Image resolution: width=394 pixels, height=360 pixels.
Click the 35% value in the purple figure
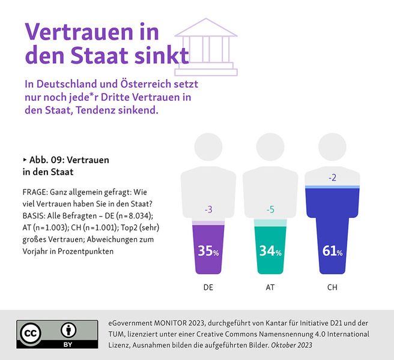tap(208, 251)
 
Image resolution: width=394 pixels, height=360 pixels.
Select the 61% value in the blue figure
tap(332, 251)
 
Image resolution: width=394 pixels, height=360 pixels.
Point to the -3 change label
tap(208, 209)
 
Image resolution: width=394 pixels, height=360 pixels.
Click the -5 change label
tap(270, 209)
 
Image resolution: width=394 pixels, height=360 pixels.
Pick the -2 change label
tap(332, 178)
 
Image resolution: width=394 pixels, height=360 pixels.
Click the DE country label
tap(208, 287)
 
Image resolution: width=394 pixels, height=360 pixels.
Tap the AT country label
tap(270, 287)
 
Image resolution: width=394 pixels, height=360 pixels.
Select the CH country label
tap(332, 287)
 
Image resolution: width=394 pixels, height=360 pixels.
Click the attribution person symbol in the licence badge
tap(68, 331)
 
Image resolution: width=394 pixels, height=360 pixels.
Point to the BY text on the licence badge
tap(68, 346)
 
